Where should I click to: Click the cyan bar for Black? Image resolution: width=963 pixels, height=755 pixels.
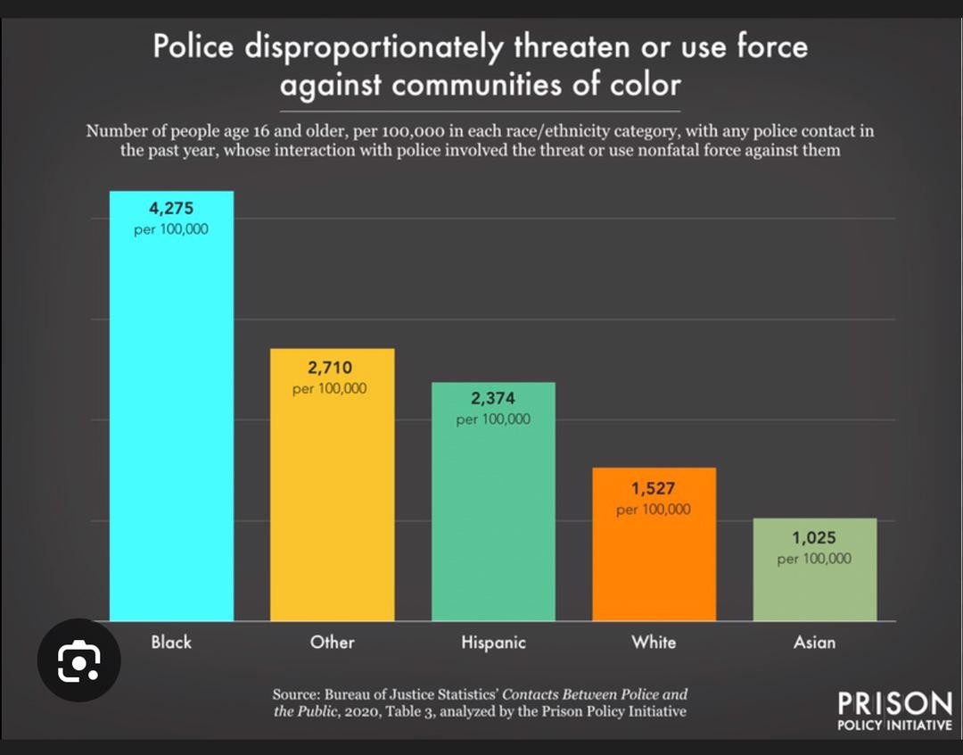[x=171, y=428]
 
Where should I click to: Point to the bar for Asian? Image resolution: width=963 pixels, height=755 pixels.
[x=814, y=589]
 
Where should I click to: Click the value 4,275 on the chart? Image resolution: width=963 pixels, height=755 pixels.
[x=171, y=210]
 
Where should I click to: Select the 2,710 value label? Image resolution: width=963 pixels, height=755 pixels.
[x=330, y=368]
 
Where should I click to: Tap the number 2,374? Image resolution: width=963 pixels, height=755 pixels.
[x=493, y=398]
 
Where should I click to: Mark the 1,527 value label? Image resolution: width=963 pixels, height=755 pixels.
[x=654, y=489]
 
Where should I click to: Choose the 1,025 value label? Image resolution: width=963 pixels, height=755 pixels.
[x=814, y=538]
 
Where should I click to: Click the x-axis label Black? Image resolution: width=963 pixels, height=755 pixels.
[x=171, y=642]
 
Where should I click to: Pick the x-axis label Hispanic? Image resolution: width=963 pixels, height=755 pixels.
[x=493, y=643]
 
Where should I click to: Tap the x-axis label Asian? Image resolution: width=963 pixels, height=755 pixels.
[x=814, y=642]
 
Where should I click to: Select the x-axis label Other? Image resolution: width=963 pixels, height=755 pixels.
[x=332, y=642]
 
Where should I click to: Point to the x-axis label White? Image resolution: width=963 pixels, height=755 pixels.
[x=654, y=642]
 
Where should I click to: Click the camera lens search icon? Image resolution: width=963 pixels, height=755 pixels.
[x=78, y=661]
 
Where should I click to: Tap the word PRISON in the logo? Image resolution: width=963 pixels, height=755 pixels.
[x=894, y=702]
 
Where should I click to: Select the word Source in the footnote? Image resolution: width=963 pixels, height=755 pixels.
[x=296, y=694]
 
